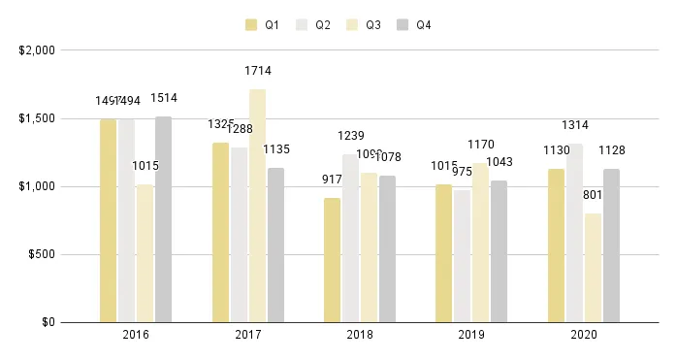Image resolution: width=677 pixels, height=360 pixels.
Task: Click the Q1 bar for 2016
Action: [108, 220]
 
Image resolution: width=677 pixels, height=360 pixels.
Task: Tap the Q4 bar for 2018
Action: [387, 248]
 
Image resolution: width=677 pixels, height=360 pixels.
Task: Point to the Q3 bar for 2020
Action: [593, 268]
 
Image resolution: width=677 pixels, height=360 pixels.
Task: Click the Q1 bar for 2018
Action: [333, 259]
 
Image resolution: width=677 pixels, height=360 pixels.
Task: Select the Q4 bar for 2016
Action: [163, 219]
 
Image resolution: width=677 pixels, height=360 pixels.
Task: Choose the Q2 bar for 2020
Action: [574, 233]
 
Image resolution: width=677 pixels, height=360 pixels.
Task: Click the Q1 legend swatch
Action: [252, 25]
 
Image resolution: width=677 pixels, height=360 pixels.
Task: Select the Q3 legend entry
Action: [365, 25]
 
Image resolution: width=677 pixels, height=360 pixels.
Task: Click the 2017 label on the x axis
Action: [248, 335]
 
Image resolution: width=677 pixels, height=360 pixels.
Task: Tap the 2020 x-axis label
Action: [584, 335]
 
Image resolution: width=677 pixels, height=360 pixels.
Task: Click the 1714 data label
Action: [257, 71]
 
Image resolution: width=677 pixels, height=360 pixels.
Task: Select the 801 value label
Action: [593, 195]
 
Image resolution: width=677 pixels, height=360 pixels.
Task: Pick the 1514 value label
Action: [163, 98]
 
